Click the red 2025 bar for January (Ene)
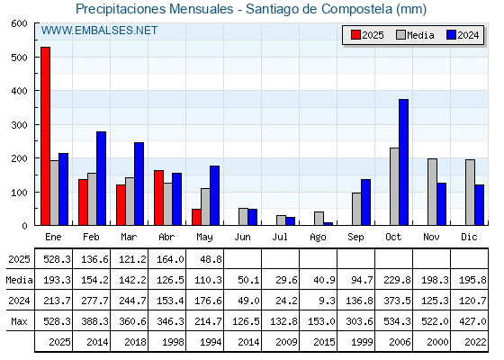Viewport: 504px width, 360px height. click(45, 136)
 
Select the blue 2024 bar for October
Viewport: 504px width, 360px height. click(404, 162)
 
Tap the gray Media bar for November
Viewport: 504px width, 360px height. click(432, 192)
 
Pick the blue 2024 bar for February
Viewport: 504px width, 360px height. click(101, 178)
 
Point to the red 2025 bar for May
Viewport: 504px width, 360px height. click(196, 217)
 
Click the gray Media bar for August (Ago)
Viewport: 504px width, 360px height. click(319, 219)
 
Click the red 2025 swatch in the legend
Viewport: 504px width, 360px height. click(355, 35)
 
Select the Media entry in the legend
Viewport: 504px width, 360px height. click(415, 35)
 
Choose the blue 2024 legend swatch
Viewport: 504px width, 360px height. click(451, 35)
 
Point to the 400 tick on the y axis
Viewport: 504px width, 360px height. click(36, 91)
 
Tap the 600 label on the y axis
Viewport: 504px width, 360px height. click(19, 23)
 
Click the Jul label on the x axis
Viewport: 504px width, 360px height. click(280, 237)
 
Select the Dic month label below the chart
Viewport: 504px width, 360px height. click(469, 237)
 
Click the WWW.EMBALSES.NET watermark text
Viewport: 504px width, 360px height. click(99, 31)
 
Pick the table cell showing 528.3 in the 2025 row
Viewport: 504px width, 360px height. click(57, 259)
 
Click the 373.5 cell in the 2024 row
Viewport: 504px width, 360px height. click(397, 301)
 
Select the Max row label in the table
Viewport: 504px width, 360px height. click(19, 321)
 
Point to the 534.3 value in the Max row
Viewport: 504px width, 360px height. click(397, 321)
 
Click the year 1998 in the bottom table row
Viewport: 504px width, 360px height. click(173, 342)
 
